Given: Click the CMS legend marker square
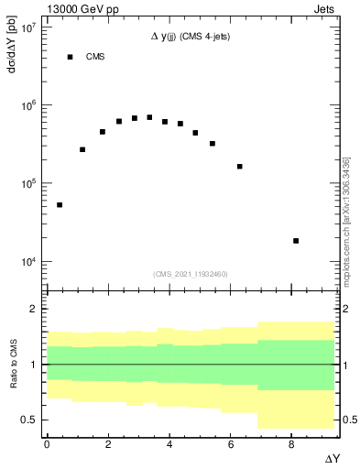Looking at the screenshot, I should click(70, 57).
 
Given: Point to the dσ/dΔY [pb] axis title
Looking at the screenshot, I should click(12, 56).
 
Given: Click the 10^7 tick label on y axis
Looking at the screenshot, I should click(27, 27).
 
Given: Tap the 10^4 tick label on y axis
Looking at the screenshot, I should click(27, 262).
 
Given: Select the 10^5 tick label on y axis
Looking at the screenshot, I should click(27, 184).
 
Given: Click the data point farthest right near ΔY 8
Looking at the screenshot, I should click(296, 241).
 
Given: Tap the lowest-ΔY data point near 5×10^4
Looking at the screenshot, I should click(60, 205).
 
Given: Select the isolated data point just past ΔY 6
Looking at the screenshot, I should click(240, 167).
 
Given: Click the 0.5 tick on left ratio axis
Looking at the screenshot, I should click(29, 420).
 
